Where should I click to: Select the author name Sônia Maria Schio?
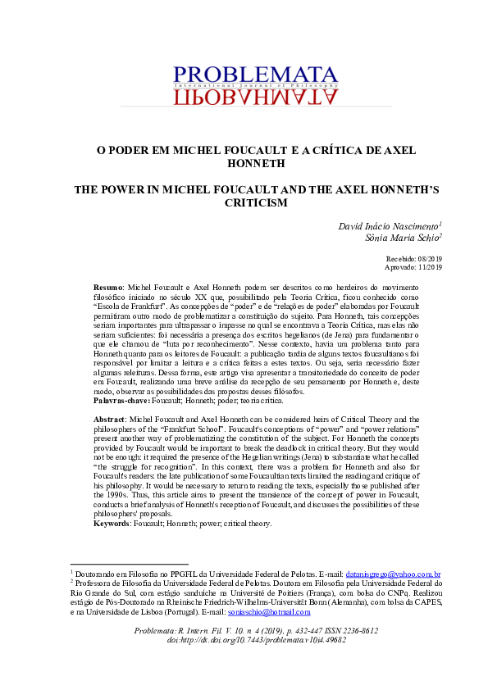402,238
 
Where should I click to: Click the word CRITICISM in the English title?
244,202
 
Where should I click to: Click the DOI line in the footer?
245,641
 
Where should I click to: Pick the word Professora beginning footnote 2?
96,583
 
